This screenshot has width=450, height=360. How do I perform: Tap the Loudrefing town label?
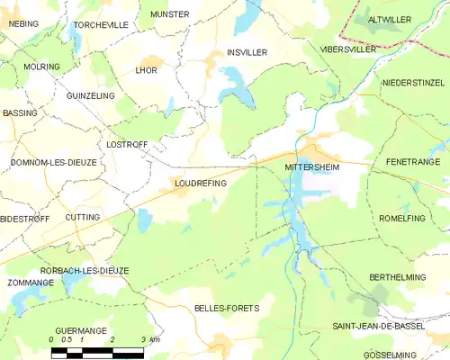[200, 183]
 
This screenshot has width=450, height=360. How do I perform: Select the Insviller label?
[247, 53]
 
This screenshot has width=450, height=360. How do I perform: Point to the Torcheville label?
[101, 25]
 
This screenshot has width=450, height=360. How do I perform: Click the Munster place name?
[170, 14]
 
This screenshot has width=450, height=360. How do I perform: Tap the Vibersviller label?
[348, 49]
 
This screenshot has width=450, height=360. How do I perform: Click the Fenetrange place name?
[412, 162]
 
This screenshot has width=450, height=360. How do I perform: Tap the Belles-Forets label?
[226, 308]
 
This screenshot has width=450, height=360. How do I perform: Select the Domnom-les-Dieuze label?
[52, 162]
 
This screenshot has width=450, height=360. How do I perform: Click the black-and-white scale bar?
[97, 353]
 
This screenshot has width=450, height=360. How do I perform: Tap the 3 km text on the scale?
[150, 339]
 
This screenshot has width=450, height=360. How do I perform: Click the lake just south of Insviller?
[236, 85]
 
